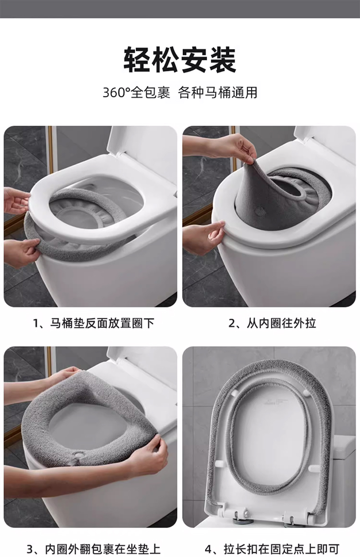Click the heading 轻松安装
coord(180,60)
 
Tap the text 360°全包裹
coord(137,93)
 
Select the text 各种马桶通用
coord(218,93)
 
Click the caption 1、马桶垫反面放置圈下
coord(93,323)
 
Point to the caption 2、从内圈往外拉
coord(272,323)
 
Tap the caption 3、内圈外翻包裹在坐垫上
coord(93,549)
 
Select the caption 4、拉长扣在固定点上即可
coord(272,549)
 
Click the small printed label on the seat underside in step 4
coord(275,402)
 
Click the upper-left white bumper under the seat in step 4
coord(234,393)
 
